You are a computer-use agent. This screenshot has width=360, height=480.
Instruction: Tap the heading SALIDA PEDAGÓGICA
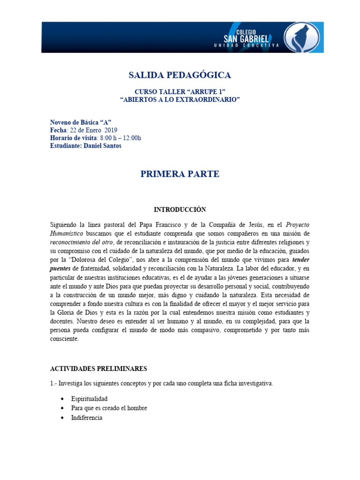tap(180, 75)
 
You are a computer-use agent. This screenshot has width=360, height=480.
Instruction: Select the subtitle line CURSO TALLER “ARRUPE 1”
tap(180, 92)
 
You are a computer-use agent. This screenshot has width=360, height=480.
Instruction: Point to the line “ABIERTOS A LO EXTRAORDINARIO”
tap(180, 100)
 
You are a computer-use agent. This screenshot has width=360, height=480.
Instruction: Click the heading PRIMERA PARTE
tap(180, 174)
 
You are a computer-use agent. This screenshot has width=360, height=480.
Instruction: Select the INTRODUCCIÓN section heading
tap(180, 210)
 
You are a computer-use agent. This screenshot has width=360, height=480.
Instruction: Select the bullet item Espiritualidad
tap(89, 399)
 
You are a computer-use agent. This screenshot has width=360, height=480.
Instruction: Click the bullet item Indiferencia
tap(87, 418)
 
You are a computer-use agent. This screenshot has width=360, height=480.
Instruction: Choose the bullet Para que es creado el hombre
tap(109, 408)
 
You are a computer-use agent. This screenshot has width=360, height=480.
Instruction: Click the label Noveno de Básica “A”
tap(81, 122)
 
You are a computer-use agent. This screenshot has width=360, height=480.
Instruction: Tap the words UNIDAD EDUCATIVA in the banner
tap(246, 45)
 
